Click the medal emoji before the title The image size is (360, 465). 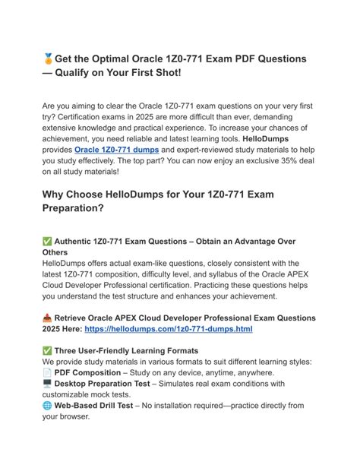(x=48, y=59)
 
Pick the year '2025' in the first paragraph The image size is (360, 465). (x=187, y=115)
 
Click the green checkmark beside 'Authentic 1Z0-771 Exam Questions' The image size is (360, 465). (x=47, y=242)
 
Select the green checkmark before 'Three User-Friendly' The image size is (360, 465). (x=47, y=351)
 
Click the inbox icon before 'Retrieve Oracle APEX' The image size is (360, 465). (x=47, y=318)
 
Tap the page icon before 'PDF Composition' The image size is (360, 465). (x=47, y=373)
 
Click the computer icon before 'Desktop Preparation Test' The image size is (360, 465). (x=47, y=384)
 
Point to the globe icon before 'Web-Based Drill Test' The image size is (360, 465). (x=47, y=406)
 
